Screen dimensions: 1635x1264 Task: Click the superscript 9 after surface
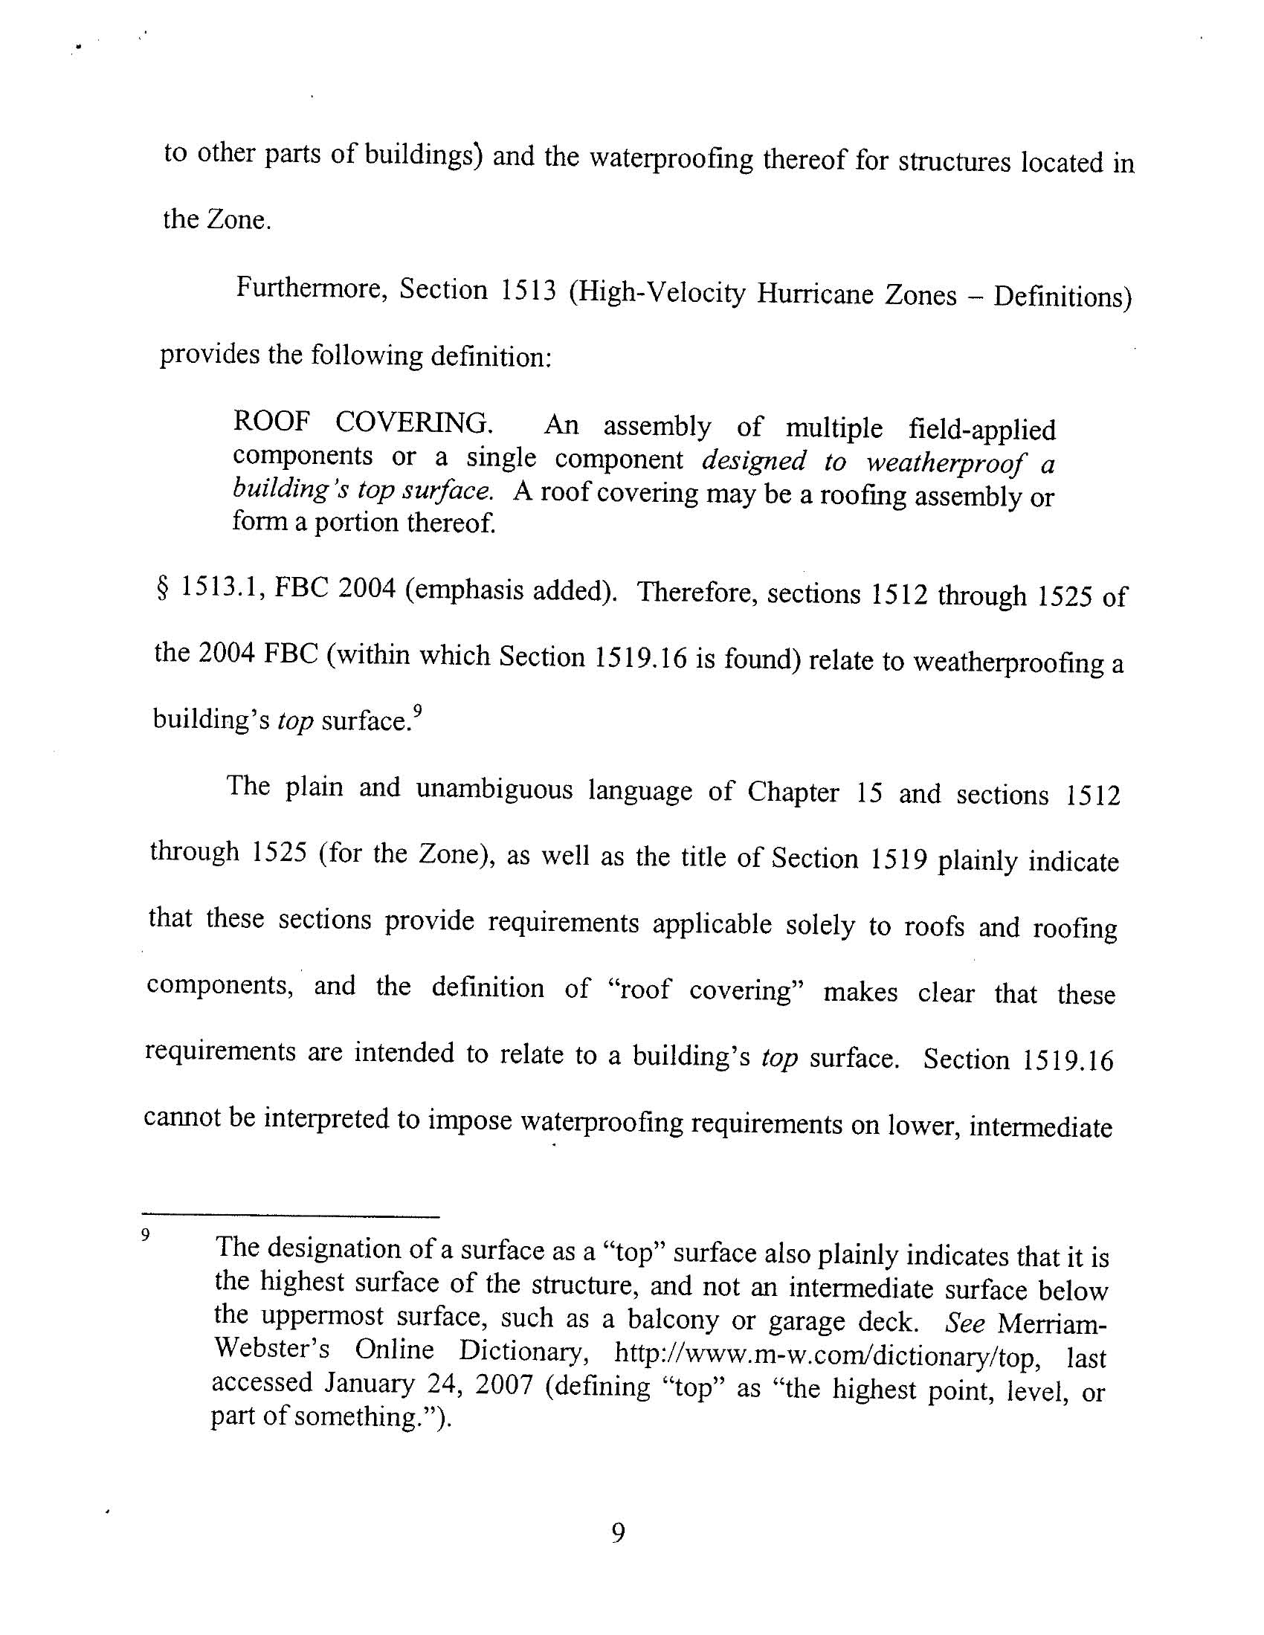pyautogui.click(x=418, y=711)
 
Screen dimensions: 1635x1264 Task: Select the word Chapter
pyautogui.click(x=793, y=792)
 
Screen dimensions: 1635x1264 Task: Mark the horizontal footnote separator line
pyautogui.click(x=291, y=1216)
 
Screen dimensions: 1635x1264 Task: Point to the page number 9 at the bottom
pyautogui.click(x=618, y=1535)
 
